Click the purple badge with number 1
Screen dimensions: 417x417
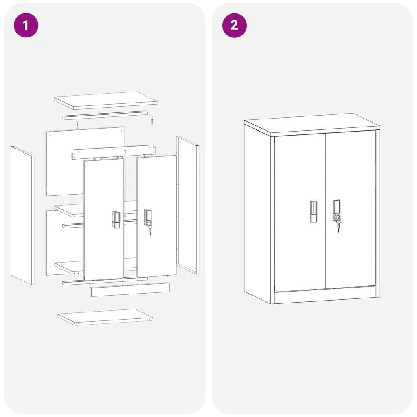click(x=26, y=25)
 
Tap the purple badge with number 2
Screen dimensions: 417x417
click(x=234, y=25)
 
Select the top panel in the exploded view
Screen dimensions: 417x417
click(x=105, y=100)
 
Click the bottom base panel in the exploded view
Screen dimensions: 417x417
click(x=105, y=316)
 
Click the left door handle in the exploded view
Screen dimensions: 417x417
click(x=116, y=219)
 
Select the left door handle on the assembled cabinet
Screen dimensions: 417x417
click(x=314, y=211)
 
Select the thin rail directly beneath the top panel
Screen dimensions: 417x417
click(x=105, y=115)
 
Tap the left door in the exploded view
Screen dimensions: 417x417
click(x=103, y=244)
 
